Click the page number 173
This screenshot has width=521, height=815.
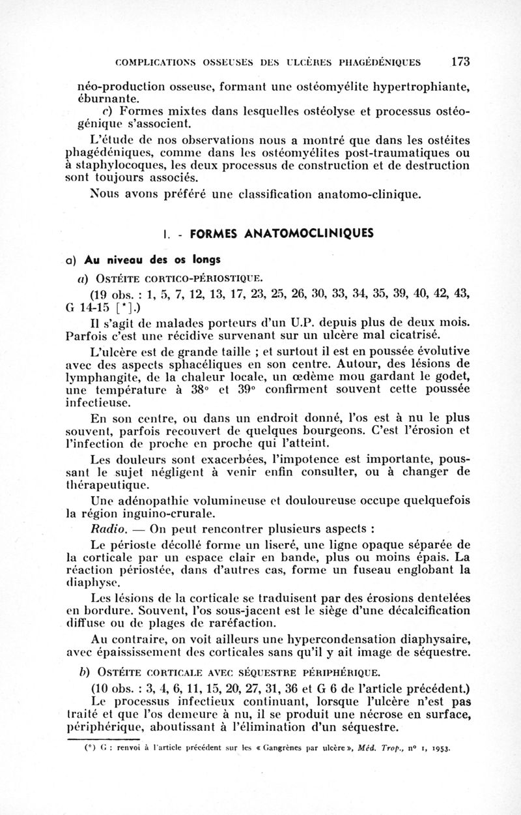(x=460, y=62)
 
